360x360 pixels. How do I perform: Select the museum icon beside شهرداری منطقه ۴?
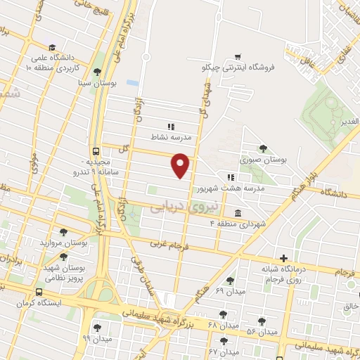[237, 213]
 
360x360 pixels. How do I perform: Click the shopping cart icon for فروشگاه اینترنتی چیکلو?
[238, 57]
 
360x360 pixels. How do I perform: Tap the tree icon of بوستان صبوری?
[263, 148]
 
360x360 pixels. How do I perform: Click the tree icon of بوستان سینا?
[97, 72]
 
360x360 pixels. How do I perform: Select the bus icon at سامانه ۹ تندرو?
[95, 151]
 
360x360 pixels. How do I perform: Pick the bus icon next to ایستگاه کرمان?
[39, 293]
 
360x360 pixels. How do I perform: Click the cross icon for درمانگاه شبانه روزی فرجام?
[283, 259]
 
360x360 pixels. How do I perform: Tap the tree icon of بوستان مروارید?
[64, 231]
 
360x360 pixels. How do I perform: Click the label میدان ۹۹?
[96, 338]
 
